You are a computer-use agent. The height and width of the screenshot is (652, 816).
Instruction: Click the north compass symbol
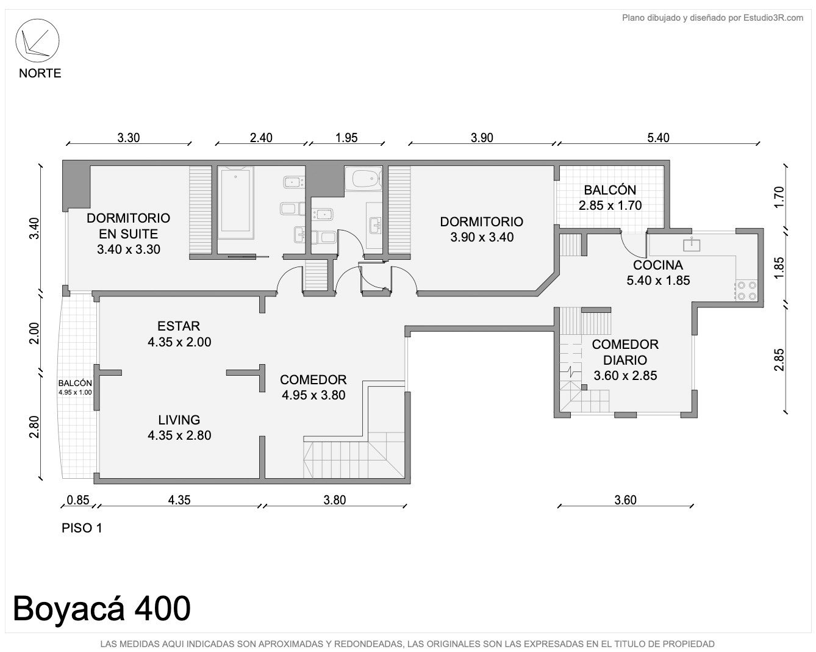[x=37, y=41]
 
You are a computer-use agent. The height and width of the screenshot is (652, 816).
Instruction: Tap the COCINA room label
[x=658, y=265]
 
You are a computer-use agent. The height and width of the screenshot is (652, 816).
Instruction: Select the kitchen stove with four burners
[x=746, y=291]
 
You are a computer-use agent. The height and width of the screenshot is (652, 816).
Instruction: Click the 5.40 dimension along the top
[x=658, y=137]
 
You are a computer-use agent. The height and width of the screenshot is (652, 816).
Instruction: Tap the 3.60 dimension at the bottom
[x=625, y=500]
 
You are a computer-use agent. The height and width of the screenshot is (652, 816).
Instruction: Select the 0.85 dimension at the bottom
[x=77, y=500]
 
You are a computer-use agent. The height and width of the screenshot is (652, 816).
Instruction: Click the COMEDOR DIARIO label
[x=625, y=352]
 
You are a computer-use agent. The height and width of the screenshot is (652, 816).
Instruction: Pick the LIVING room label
[x=179, y=420]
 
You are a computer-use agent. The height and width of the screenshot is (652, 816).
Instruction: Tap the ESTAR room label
[x=179, y=326]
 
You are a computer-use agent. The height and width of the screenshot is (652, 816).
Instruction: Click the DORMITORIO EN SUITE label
[x=129, y=226]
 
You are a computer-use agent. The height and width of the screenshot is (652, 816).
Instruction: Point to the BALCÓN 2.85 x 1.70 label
[x=610, y=198]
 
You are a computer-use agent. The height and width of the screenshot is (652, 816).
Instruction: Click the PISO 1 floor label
[x=82, y=528]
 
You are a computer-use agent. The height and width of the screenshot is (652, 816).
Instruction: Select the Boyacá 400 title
[x=102, y=608]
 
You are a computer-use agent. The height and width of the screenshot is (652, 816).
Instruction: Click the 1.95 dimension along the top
[x=346, y=137]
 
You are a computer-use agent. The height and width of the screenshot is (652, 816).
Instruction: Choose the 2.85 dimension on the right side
[x=779, y=360]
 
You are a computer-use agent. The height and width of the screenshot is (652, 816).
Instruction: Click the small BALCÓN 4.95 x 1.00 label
[x=75, y=387]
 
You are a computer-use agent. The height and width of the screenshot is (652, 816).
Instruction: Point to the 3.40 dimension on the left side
[x=34, y=228]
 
